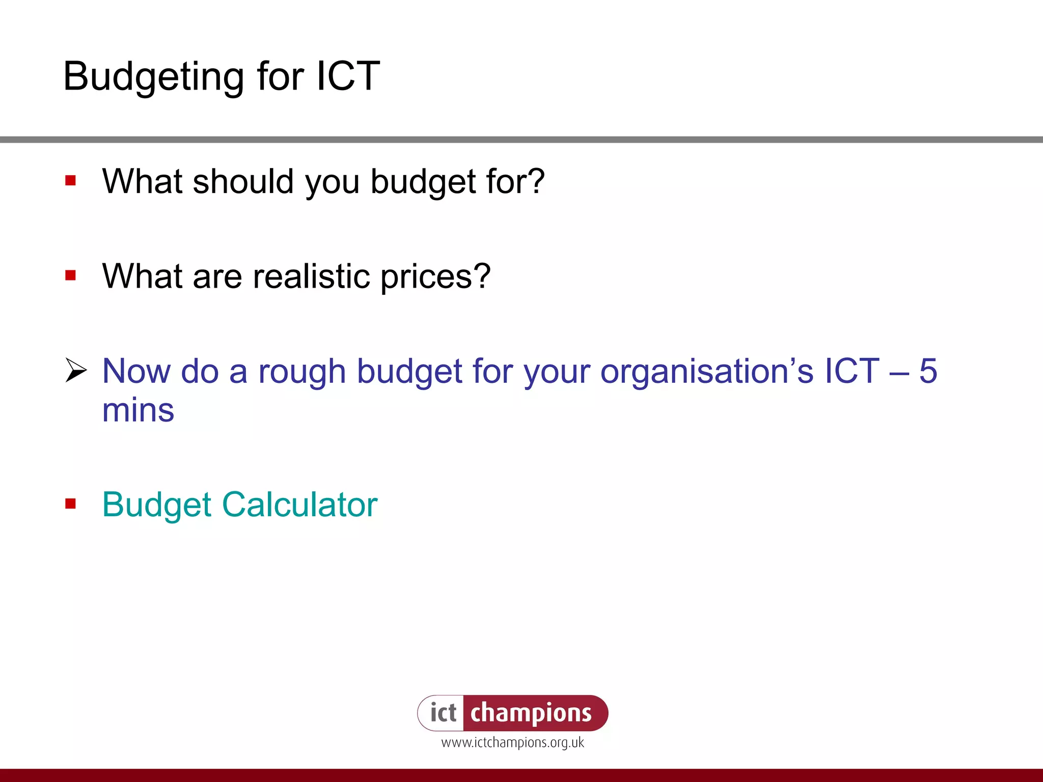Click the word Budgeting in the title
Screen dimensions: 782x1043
pos(153,76)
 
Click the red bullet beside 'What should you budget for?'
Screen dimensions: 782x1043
pos(71,180)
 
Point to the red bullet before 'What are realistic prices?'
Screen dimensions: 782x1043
pos(71,275)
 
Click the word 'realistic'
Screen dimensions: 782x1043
pos(311,276)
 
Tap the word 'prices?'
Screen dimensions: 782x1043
pos(435,277)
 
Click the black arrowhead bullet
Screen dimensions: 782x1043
pos(76,370)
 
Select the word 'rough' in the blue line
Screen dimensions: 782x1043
pos(301,371)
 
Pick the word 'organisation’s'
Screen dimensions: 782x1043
pos(707,371)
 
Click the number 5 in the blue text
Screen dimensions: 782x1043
pos(928,371)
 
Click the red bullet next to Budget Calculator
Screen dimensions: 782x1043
pos(71,504)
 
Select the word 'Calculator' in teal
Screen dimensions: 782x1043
pos(299,505)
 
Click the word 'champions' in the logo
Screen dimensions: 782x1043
pos(531,713)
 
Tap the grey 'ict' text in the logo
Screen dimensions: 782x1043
pos(443,713)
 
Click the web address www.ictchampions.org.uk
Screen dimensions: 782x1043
pos(512,743)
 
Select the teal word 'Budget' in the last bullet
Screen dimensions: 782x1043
pos(156,505)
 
